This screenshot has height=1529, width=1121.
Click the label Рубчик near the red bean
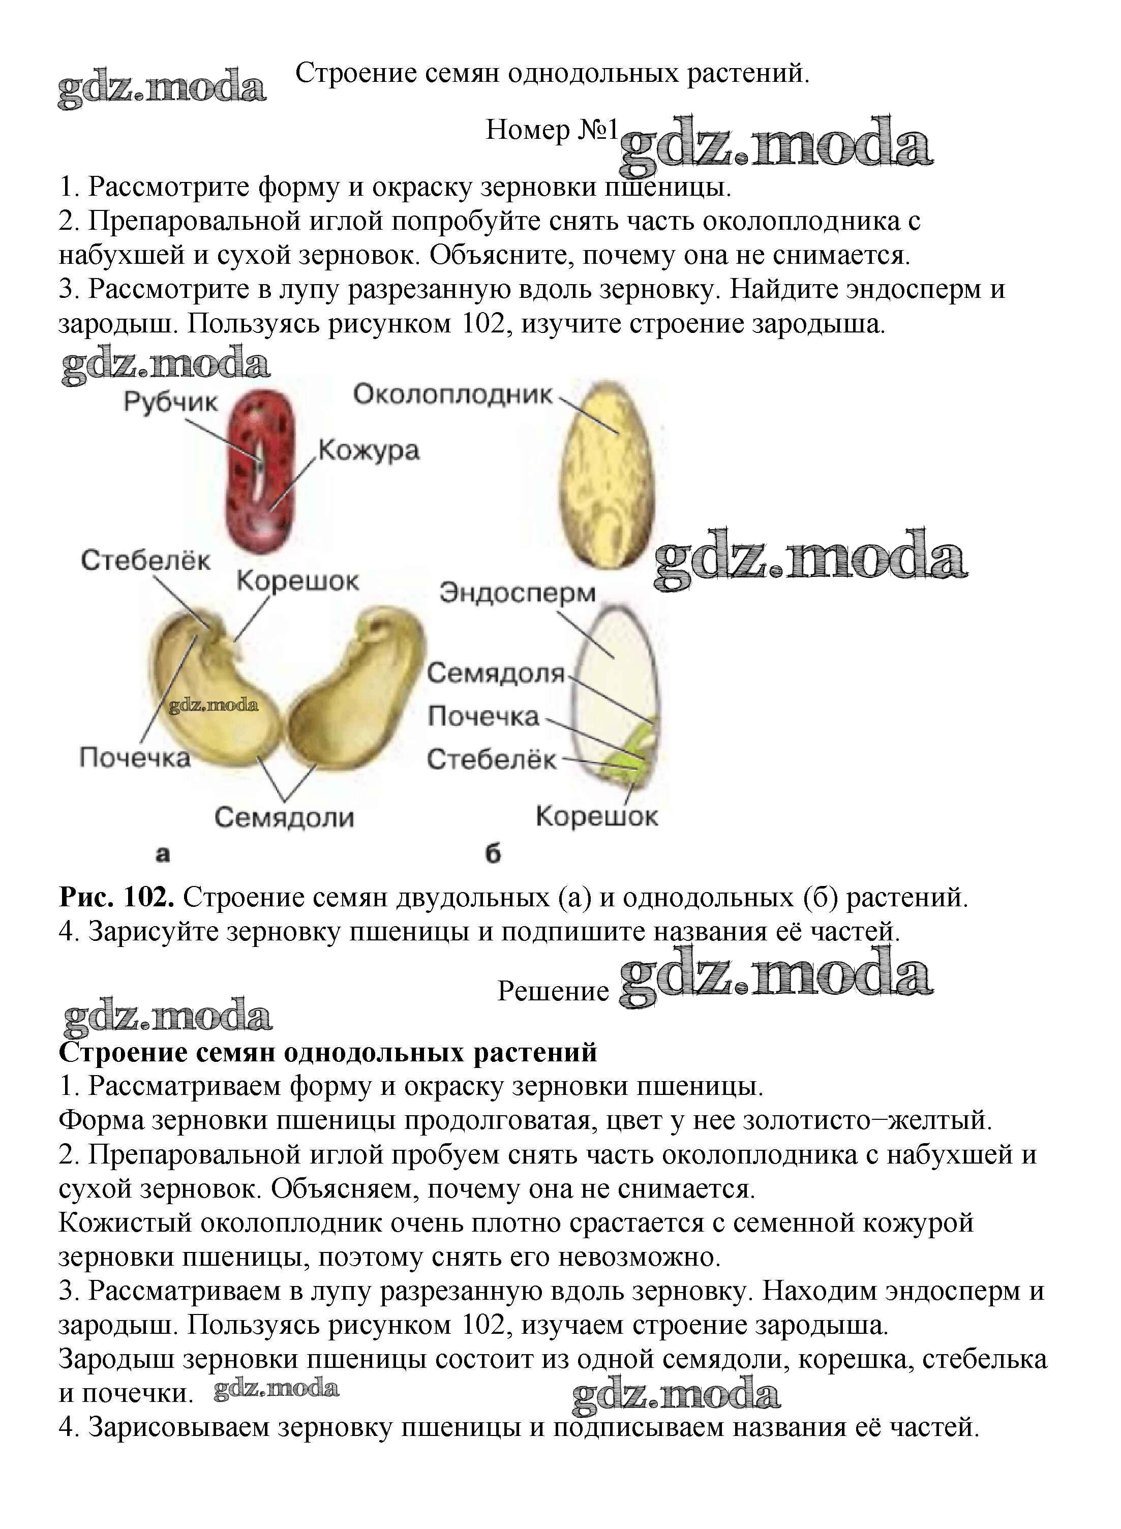tap(170, 402)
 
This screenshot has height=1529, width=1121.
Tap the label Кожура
tap(369, 450)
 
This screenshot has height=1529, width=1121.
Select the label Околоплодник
tap(452, 394)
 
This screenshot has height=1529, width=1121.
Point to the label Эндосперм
tap(518, 592)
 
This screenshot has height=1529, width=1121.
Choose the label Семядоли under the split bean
tap(284, 817)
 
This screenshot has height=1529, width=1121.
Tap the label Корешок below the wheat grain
tap(596, 816)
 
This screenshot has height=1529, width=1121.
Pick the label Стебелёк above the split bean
tap(145, 560)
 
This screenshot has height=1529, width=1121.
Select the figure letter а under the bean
tap(163, 853)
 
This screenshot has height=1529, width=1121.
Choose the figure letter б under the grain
tap(493, 853)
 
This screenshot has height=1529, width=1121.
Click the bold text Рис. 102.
tap(117, 898)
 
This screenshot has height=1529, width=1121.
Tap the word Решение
tap(553, 991)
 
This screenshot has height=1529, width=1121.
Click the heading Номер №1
tap(551, 129)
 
